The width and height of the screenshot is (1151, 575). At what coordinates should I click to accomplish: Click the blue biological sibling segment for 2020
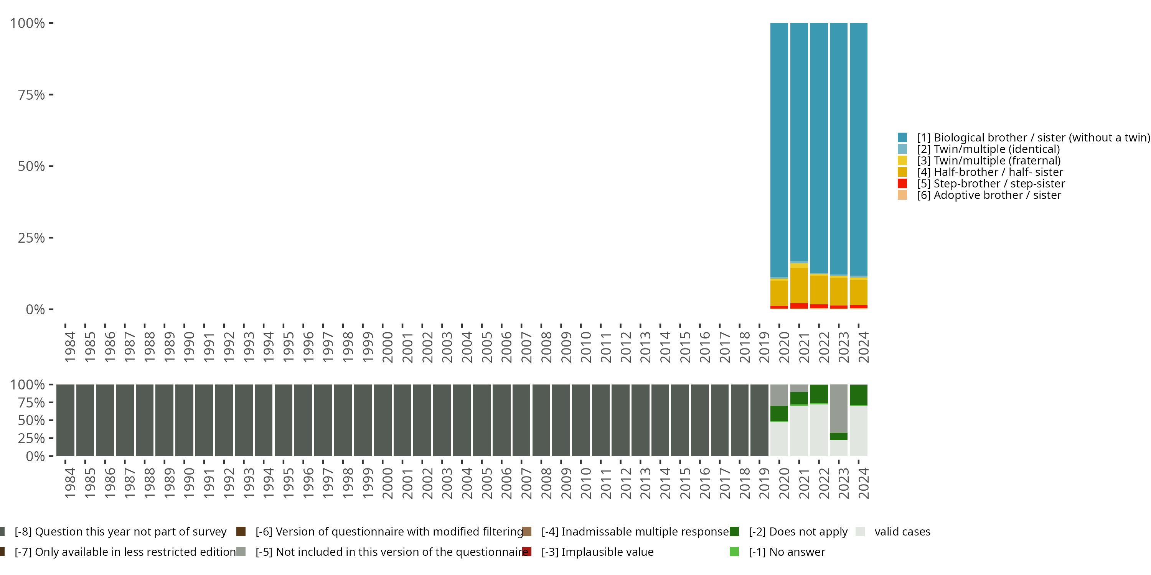click(x=779, y=150)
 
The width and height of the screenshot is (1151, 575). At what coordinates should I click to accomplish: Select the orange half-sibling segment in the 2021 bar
click(x=799, y=286)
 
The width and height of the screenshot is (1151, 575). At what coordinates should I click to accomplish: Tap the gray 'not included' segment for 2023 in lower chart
click(x=839, y=409)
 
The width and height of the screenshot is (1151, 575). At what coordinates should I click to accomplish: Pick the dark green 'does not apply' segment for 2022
click(x=819, y=394)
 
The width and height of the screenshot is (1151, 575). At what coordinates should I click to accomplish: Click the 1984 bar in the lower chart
click(x=65, y=420)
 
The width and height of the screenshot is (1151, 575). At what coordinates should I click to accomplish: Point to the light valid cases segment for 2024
click(x=858, y=431)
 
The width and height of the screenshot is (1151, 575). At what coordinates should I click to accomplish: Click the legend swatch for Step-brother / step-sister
click(x=902, y=184)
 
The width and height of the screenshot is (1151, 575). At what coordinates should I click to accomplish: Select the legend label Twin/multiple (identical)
click(x=988, y=149)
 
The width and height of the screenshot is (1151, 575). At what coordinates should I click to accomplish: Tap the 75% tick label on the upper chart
click(x=31, y=95)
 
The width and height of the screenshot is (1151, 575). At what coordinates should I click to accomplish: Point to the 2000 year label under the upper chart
click(x=388, y=347)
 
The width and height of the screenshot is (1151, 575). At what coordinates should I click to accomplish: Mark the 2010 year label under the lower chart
click(x=586, y=483)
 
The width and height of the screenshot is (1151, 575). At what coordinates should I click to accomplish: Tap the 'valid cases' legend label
click(x=902, y=532)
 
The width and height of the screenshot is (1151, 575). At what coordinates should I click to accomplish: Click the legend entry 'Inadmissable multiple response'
click(x=635, y=532)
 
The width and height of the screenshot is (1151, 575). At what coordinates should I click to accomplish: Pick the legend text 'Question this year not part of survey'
click(x=120, y=532)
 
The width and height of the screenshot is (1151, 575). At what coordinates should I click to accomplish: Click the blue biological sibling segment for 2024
click(x=858, y=149)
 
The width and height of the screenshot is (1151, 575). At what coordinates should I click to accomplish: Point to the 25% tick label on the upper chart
click(x=31, y=238)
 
